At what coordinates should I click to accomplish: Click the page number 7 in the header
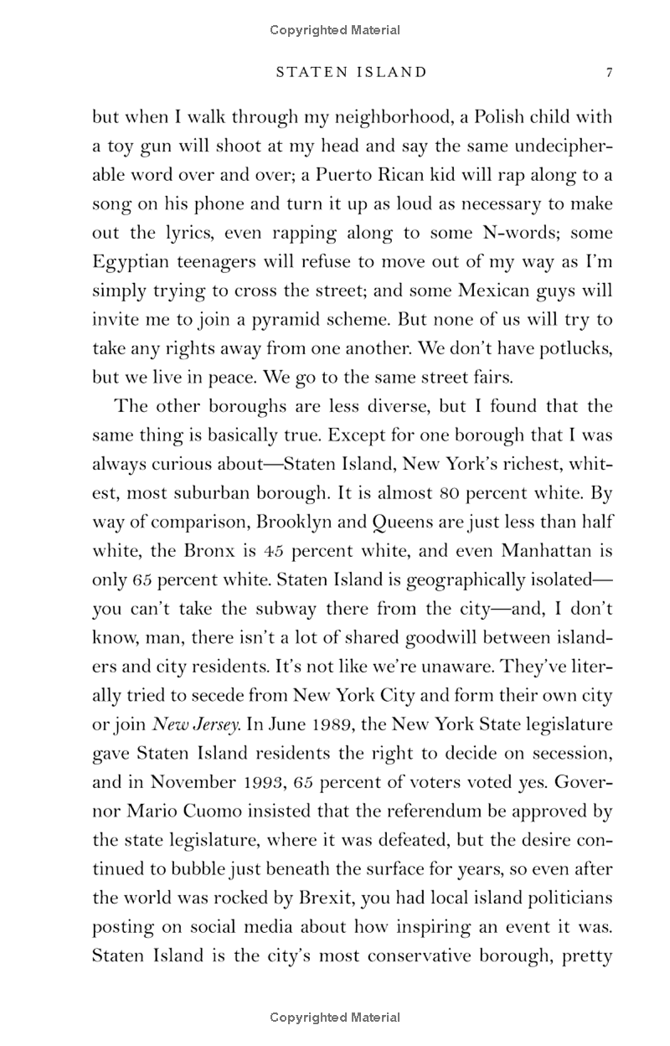(x=610, y=73)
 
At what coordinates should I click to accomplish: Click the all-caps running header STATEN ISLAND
(x=351, y=73)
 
